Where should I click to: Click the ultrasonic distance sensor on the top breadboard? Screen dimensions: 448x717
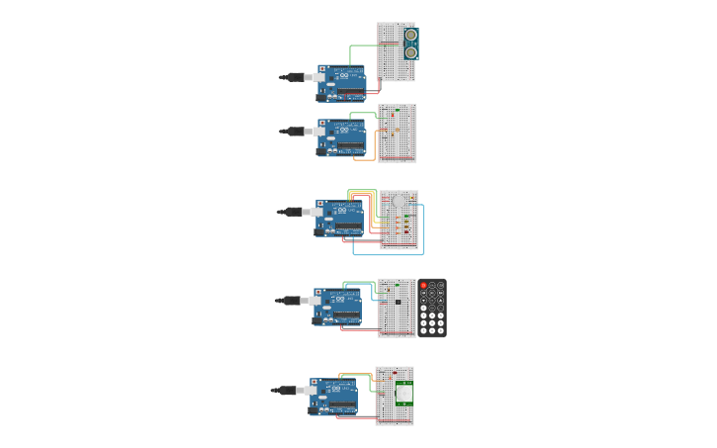tap(410, 43)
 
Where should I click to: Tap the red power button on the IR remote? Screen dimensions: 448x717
tap(423, 285)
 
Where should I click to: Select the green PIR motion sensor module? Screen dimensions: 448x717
tap(403, 393)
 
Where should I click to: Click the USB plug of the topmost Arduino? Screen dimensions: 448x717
tap(295, 77)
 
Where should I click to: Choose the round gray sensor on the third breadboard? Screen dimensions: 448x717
tap(399, 201)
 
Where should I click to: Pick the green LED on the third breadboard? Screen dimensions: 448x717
tap(406, 216)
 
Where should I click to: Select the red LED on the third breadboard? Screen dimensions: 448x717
tap(406, 231)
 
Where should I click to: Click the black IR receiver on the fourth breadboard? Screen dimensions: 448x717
tap(398, 301)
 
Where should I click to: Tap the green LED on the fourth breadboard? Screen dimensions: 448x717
tap(387, 290)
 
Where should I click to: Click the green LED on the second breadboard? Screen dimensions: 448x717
tap(397, 110)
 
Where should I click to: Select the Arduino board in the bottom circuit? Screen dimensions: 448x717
tap(333, 397)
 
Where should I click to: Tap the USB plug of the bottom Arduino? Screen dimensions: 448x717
tap(287, 391)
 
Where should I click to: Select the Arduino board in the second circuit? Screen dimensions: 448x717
tap(341, 137)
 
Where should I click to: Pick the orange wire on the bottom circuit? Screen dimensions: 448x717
tap(356, 374)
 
